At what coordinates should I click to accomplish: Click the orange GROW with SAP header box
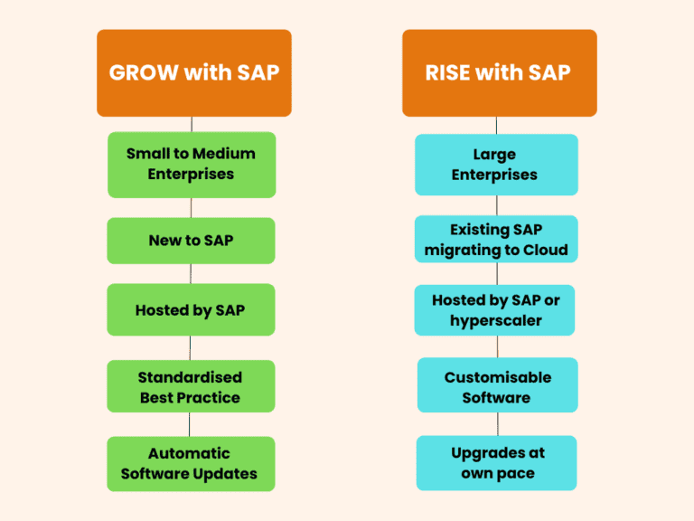point(193,72)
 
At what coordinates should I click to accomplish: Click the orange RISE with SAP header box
point(499,72)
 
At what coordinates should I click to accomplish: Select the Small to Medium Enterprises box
point(191,164)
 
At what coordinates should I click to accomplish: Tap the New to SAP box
point(191,241)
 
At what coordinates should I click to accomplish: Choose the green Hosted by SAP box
point(191,310)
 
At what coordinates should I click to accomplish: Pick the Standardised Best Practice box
point(191,387)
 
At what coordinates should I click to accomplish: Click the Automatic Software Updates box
point(191,463)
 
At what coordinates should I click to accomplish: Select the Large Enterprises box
point(495,165)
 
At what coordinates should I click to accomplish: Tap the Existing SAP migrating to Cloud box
point(496,240)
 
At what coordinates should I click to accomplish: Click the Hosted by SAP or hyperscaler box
point(496,310)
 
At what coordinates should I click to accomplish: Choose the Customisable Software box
point(497,387)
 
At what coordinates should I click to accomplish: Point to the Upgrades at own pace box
point(497,463)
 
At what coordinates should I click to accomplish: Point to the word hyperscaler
point(495,320)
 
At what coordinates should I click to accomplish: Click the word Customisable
point(497,377)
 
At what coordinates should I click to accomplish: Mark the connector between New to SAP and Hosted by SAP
point(190,274)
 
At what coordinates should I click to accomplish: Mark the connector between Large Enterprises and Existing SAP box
point(496,205)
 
